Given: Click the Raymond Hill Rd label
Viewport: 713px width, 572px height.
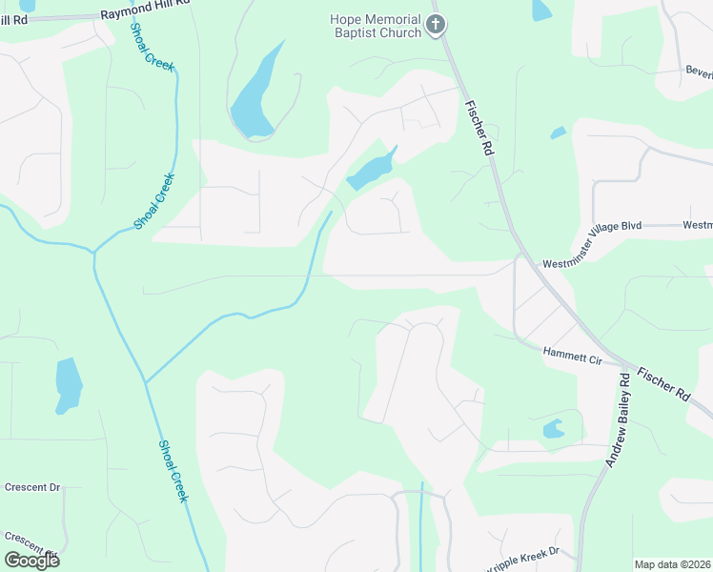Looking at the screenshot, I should [144, 17].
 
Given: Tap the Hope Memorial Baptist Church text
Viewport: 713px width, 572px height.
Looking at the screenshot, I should [376, 26].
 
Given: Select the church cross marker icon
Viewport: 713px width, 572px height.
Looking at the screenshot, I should [436, 25].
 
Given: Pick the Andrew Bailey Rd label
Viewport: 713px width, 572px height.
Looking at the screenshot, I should [617, 419].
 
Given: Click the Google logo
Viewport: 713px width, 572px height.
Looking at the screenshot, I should [31, 561].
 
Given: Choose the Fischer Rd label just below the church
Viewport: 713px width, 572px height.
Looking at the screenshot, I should [479, 129].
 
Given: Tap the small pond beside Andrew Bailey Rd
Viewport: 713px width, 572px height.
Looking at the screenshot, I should [553, 430].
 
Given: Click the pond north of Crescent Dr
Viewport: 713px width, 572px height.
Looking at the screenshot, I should [68, 384].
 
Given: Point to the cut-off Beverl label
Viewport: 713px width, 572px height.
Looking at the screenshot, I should [698, 71].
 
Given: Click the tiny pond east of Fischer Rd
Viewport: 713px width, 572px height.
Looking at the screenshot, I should [558, 133].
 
